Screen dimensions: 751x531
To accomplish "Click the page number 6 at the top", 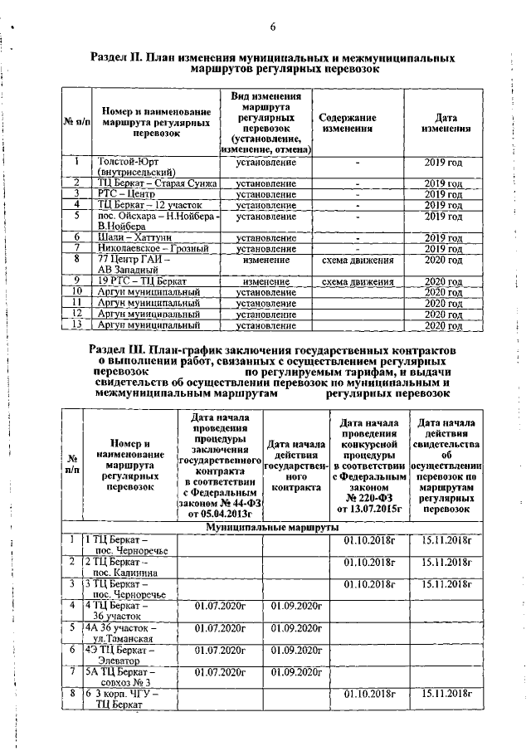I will [x=271, y=27].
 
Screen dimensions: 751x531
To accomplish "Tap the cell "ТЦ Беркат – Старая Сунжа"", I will [x=154, y=183].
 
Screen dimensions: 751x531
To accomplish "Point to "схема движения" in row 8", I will [x=357, y=260].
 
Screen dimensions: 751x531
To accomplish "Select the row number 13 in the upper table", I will [x=75, y=325].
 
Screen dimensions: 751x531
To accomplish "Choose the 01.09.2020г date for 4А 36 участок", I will [x=296, y=627].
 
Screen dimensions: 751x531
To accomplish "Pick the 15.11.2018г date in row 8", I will [x=446, y=693].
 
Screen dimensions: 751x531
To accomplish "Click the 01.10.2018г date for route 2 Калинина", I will [x=367, y=562].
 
